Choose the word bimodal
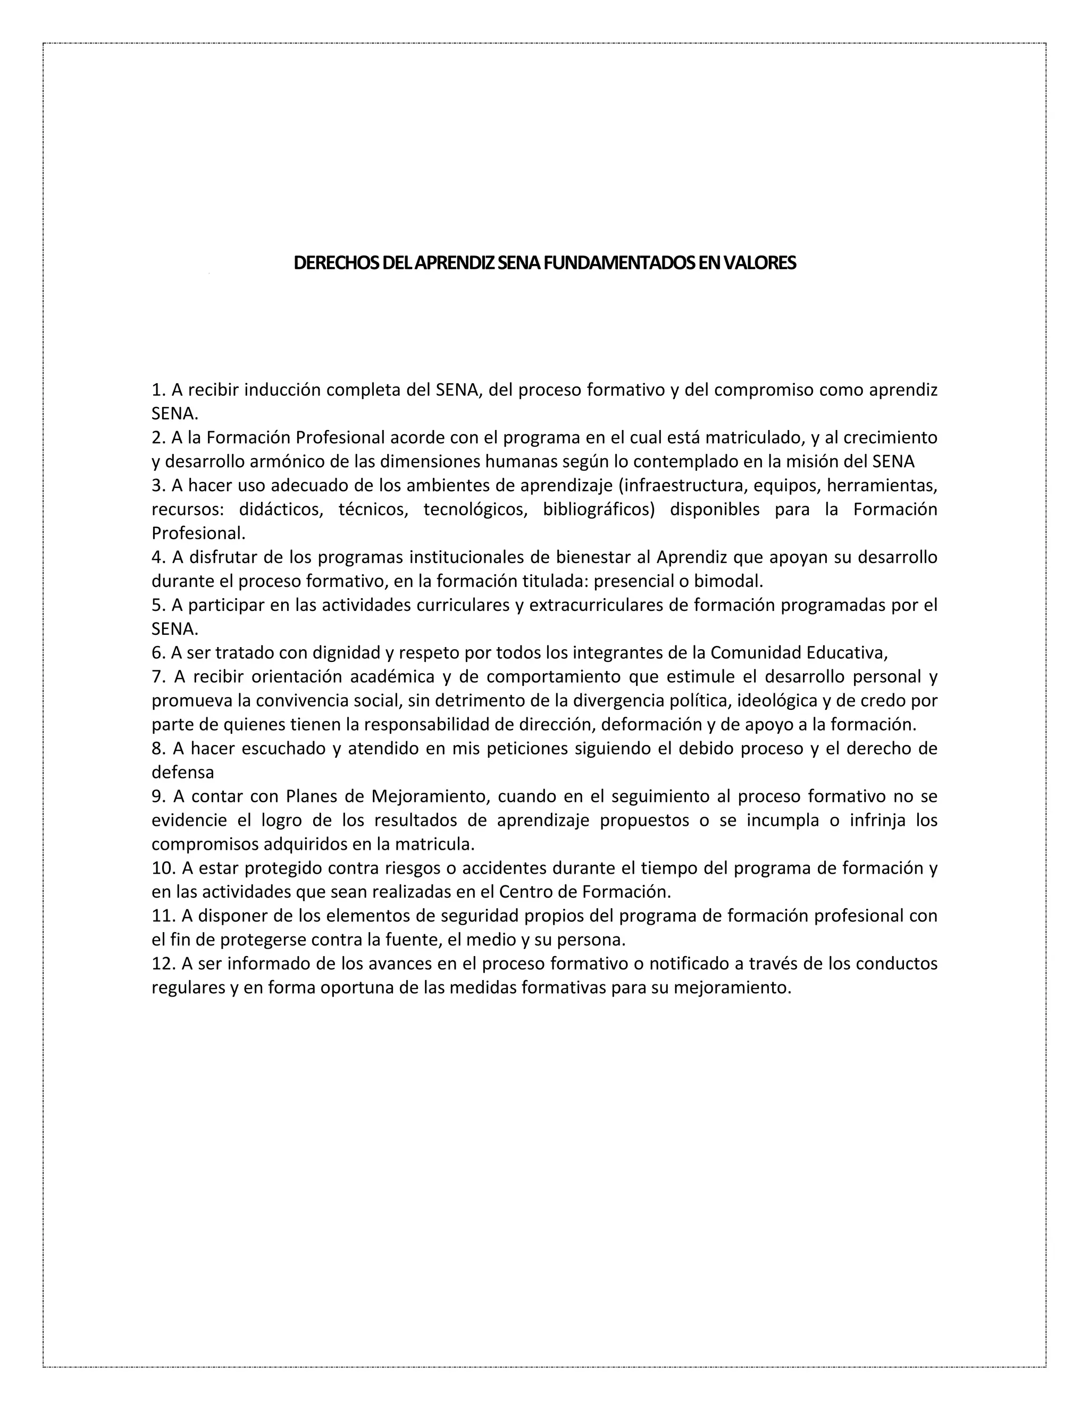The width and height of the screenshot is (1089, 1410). click(728, 581)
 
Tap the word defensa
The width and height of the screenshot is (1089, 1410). click(182, 772)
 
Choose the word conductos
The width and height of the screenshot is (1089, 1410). click(898, 963)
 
